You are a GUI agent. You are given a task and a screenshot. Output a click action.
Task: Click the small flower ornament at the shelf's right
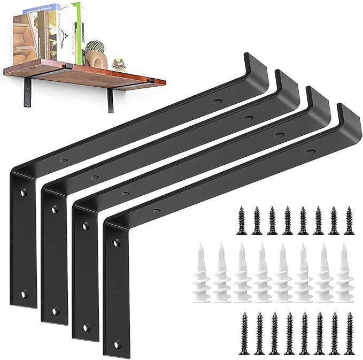click(x=119, y=65)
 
